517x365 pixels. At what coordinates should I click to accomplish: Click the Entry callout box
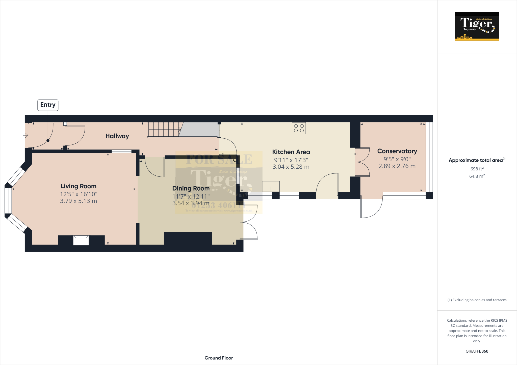48,105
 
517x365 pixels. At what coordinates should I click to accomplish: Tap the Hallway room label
117,136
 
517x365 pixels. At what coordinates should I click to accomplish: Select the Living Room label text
79,186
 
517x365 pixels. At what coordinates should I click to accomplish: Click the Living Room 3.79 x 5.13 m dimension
79,201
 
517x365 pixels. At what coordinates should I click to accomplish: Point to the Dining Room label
191,189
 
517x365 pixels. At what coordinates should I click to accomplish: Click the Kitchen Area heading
291,152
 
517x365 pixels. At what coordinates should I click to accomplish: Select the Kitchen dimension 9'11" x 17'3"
291,160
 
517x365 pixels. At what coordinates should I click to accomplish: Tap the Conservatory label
397,151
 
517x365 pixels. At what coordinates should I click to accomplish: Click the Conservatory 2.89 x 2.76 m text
397,166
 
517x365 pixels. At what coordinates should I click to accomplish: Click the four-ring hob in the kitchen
299,128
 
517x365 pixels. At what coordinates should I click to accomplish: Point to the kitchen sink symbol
271,187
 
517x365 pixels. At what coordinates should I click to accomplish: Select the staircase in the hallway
164,130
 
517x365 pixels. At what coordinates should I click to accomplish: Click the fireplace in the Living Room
81,240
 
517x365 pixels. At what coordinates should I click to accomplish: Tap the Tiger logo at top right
477,26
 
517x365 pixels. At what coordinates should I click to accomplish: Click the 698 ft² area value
477,169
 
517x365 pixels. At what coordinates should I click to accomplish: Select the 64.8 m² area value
477,176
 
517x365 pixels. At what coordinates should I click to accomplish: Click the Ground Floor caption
219,358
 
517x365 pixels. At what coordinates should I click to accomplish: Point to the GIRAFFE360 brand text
477,351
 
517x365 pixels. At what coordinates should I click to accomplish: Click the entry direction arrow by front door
25,136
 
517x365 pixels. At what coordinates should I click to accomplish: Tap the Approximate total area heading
476,160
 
